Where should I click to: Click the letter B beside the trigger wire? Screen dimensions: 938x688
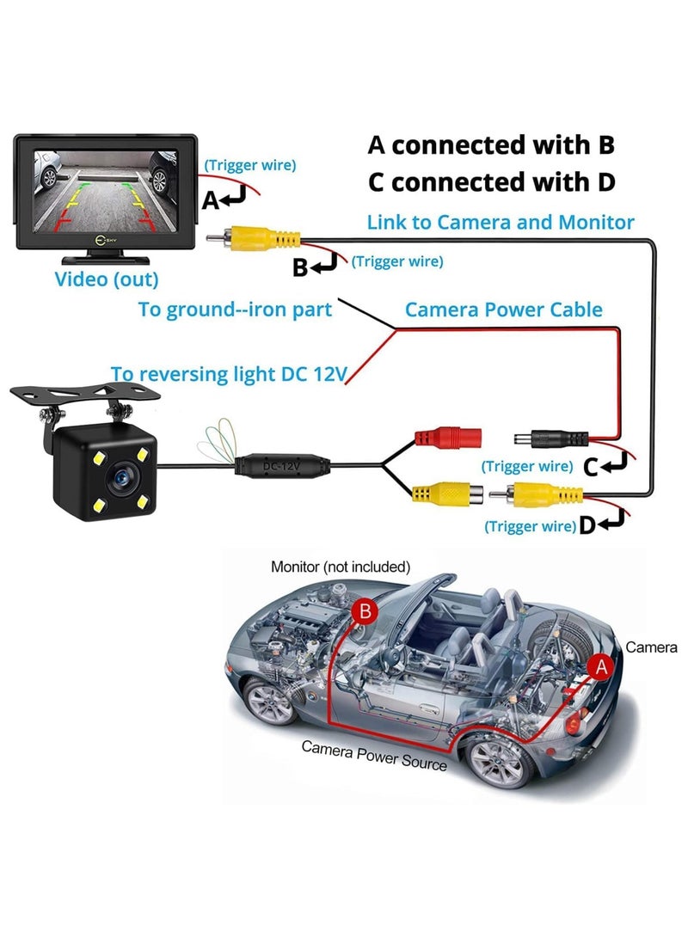tap(299, 267)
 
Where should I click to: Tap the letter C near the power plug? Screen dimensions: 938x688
tap(590, 467)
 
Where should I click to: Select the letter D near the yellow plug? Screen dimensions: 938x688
tap(587, 524)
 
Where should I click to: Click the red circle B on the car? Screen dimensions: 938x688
tap(365, 611)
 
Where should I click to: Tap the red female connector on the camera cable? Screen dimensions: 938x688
tap(447, 437)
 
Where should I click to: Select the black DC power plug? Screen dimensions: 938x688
tap(542, 438)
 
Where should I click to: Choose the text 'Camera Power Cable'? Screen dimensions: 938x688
tap(503, 310)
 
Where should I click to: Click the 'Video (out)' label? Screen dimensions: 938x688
tap(107, 279)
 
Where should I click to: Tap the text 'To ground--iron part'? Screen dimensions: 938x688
tap(235, 310)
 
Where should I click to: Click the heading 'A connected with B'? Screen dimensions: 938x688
tap(491, 144)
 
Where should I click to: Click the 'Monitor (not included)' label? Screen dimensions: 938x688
tap(341, 567)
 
